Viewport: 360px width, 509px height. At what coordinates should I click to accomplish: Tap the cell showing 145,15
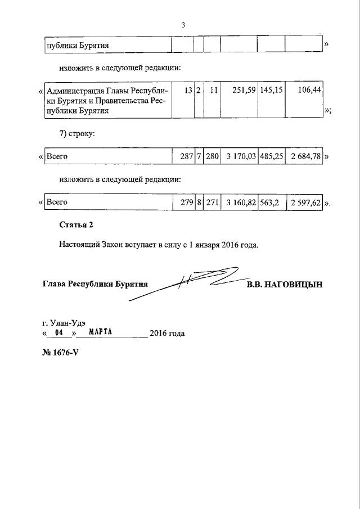tap(272, 89)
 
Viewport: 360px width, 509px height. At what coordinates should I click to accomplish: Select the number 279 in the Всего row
tap(187, 203)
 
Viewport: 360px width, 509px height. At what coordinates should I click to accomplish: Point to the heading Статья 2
tap(76, 225)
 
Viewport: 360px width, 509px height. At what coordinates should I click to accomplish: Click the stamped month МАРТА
tap(101, 332)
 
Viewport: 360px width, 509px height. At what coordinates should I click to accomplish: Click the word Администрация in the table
tap(76, 90)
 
